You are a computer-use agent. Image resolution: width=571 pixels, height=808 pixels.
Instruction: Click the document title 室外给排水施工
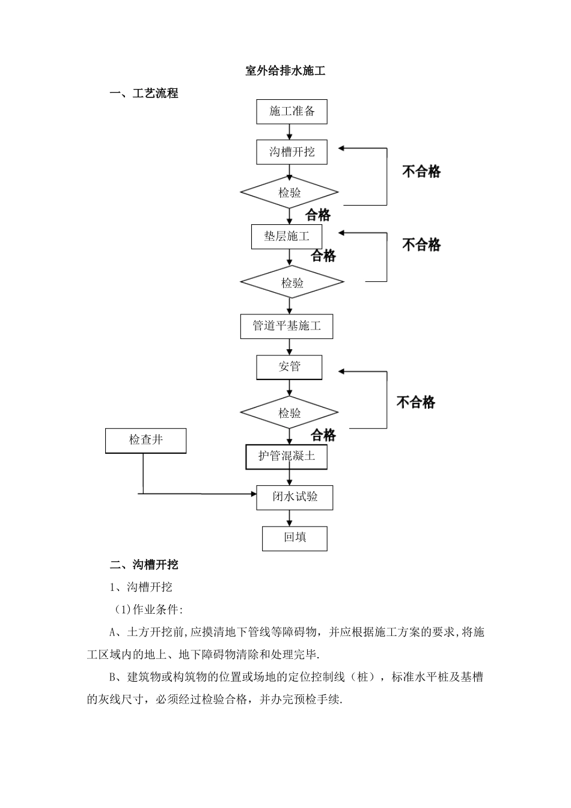click(x=285, y=71)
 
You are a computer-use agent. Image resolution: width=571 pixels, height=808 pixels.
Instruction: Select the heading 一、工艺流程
click(x=144, y=94)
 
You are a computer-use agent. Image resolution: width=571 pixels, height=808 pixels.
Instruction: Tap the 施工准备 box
click(x=292, y=112)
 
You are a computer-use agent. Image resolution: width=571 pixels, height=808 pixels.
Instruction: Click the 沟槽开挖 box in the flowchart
click(x=292, y=152)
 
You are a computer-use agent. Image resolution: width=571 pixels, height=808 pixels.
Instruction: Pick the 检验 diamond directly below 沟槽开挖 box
click(x=289, y=193)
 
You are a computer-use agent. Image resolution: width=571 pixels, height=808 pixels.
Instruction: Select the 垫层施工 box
click(x=287, y=236)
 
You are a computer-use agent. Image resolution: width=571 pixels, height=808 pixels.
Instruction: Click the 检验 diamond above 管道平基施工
click(x=292, y=283)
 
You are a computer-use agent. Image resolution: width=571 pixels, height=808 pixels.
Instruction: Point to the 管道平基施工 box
click(x=287, y=326)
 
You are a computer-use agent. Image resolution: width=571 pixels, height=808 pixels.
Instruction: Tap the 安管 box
click(x=289, y=367)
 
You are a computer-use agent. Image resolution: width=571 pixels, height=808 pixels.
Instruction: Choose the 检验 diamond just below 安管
click(x=289, y=413)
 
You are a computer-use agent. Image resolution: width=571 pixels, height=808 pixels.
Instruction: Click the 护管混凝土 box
click(x=287, y=456)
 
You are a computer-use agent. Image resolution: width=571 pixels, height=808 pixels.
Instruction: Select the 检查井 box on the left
click(x=145, y=441)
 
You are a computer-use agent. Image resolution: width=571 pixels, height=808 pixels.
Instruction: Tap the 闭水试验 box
click(x=295, y=497)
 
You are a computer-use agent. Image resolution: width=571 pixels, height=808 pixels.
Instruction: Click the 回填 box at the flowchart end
click(x=295, y=538)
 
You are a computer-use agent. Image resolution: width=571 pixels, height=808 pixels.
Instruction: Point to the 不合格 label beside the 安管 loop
click(x=415, y=402)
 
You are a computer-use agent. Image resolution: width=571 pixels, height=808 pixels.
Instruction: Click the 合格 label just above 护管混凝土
click(x=323, y=435)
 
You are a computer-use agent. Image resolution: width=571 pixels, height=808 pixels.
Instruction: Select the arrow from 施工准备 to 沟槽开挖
click(x=290, y=132)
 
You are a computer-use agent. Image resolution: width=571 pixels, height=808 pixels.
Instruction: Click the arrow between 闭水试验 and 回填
click(x=290, y=518)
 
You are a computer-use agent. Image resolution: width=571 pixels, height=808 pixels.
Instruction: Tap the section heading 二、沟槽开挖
click(x=144, y=565)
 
